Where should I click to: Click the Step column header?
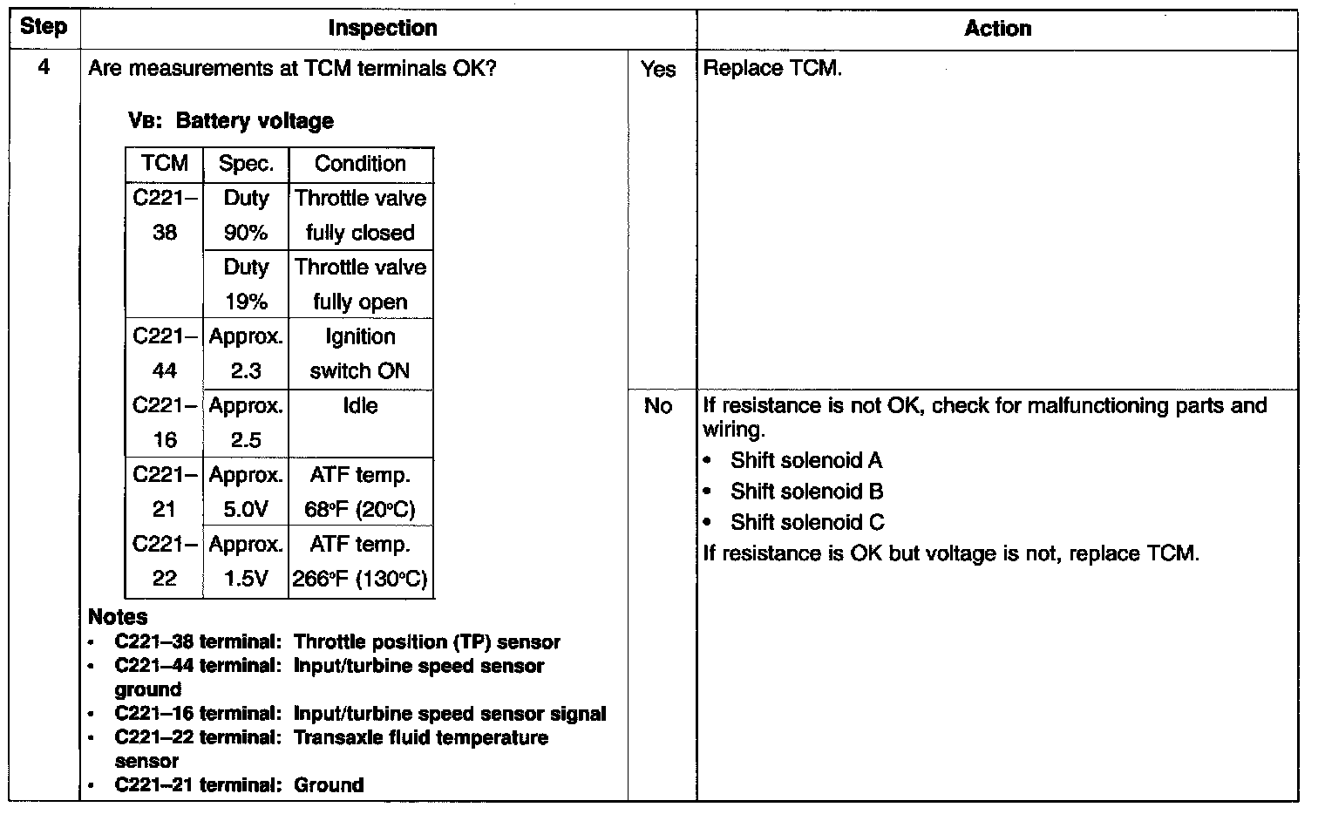(43, 27)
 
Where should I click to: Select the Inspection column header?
(383, 29)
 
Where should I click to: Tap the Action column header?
(997, 29)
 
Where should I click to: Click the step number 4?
(44, 68)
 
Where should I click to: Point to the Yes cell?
(658, 69)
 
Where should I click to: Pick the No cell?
(658, 406)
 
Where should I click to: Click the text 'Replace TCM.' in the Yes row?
(772, 68)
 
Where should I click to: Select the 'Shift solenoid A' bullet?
(805, 460)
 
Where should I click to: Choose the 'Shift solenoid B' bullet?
(806, 492)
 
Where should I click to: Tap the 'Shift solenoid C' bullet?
(806, 522)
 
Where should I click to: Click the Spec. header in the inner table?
(246, 164)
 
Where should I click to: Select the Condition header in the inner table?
(360, 164)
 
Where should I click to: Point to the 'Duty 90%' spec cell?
(246, 215)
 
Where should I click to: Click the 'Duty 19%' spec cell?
(246, 284)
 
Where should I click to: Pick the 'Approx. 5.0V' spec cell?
(246, 492)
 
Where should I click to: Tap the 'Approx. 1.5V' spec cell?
(246, 561)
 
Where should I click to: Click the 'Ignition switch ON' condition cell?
(360, 354)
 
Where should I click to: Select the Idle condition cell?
(360, 406)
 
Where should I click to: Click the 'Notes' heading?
(118, 617)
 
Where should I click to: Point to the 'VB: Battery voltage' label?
(231, 121)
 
